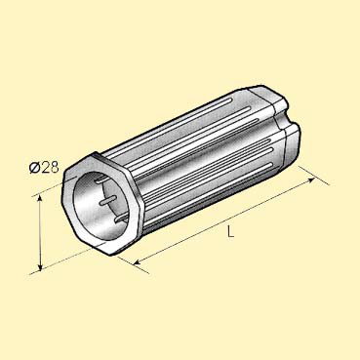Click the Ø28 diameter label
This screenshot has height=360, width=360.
pos(44,168)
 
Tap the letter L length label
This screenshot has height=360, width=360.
pos(230,232)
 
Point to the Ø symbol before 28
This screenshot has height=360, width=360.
pos(34,168)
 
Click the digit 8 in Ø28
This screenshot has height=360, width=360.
pos(55,168)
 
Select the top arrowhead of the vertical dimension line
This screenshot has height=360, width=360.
pos(40,199)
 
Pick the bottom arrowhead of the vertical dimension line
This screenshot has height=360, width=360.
pos(40,266)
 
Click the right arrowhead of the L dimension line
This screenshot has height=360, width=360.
pos(310,180)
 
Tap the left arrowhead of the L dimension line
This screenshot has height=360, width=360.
pos(138,261)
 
